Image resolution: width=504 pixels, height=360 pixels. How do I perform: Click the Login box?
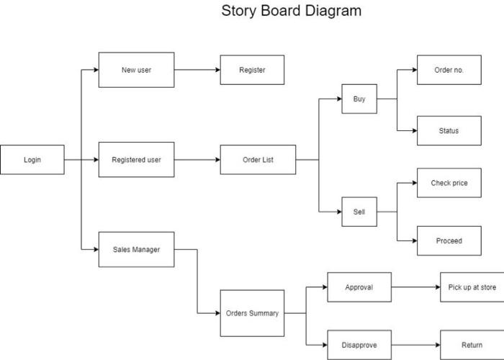click(x=32, y=160)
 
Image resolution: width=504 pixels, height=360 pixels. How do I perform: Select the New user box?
click(x=136, y=70)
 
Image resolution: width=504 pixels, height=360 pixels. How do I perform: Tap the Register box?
click(x=252, y=70)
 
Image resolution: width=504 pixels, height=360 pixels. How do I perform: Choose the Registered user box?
click(x=136, y=160)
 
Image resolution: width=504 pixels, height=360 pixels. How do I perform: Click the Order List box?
click(x=258, y=160)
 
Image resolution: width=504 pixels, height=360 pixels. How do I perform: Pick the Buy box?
click(x=359, y=99)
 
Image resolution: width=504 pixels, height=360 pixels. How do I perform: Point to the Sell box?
click(x=359, y=212)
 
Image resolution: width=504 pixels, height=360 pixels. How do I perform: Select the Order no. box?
click(x=449, y=70)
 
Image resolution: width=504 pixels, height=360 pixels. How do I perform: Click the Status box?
click(x=449, y=131)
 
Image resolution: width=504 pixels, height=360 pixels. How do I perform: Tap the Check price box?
click(x=449, y=183)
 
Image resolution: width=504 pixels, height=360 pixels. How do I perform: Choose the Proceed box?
click(x=449, y=240)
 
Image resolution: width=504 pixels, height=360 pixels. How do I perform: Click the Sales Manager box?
click(x=136, y=250)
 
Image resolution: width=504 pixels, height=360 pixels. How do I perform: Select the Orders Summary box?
click(x=252, y=313)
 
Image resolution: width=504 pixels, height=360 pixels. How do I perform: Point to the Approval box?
click(x=359, y=287)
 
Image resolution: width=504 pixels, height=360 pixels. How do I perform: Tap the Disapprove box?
click(x=359, y=345)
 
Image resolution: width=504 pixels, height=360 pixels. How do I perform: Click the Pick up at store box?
click(x=472, y=287)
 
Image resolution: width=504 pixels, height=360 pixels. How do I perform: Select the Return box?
click(x=472, y=345)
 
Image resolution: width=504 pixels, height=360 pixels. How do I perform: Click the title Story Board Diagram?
click(x=291, y=12)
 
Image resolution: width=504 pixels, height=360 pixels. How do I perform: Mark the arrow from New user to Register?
click(x=197, y=70)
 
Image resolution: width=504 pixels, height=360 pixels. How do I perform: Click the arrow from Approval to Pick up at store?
click(x=415, y=287)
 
